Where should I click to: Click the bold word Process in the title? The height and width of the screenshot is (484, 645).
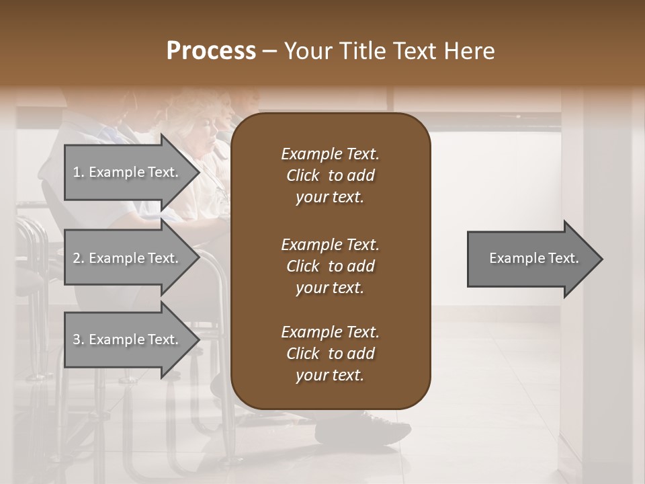tap(211, 51)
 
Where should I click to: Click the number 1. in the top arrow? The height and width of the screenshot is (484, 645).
tap(79, 173)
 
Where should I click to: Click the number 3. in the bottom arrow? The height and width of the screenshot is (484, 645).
tap(79, 340)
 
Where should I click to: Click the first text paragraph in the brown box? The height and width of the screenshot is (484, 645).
tap(330, 175)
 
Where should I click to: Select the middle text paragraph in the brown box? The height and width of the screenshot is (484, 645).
tap(330, 266)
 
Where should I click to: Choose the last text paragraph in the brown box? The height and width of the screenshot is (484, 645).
tap(330, 354)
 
